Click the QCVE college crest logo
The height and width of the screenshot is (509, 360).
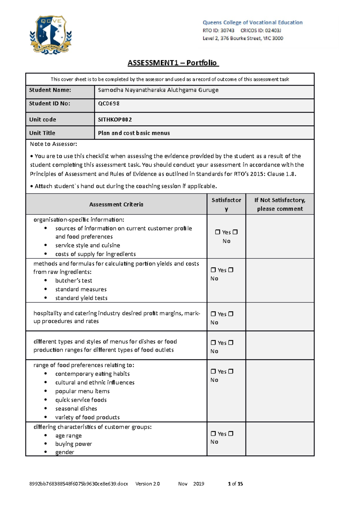coord(51,35)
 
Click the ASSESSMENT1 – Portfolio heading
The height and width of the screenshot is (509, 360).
coord(173,63)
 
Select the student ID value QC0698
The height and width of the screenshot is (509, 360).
coord(109,103)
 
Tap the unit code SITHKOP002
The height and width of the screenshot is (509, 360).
coord(115,119)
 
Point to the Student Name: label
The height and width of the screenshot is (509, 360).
coord(50,90)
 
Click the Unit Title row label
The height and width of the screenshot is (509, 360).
coord(42,133)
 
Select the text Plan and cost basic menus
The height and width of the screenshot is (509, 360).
coord(134,133)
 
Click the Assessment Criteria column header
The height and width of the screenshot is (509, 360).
coord(116,204)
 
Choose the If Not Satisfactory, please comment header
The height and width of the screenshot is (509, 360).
coord(280,204)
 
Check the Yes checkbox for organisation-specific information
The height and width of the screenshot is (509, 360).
coord(217,232)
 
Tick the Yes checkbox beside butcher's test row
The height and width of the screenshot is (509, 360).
coord(213,270)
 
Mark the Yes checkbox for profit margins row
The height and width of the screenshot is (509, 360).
coord(213,314)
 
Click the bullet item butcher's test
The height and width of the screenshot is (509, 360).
coord(73,281)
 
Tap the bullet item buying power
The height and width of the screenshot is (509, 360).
coord(73,444)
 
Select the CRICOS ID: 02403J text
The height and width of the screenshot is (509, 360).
coord(261,30)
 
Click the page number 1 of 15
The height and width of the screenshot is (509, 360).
coord(235,484)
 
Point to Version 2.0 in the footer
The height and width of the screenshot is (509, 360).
coord(148,484)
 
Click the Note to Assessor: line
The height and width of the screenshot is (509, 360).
coord(53,144)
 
